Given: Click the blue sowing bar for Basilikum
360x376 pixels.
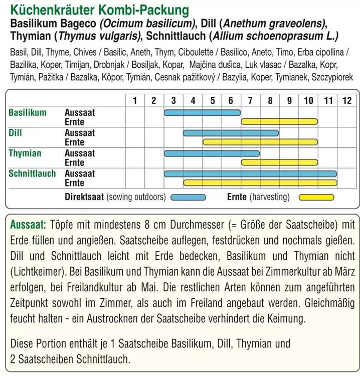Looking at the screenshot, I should (202, 112).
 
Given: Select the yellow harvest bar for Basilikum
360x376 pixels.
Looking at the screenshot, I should (279, 122).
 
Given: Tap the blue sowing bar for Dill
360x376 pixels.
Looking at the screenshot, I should (231, 133).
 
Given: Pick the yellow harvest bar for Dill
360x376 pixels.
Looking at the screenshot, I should (260, 142).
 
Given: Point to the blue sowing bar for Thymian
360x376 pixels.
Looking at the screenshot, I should (212, 153).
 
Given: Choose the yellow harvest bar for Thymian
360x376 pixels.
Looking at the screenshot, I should (279, 162).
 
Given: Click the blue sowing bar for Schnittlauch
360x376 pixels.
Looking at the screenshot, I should (250, 173).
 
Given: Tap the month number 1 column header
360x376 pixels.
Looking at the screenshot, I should (135, 100).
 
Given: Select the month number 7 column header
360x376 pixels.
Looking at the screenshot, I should (250, 100).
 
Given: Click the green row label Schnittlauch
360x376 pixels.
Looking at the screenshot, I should (32, 173).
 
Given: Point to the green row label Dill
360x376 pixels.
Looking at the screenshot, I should (16, 133).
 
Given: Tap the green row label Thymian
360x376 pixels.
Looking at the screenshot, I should (25, 153).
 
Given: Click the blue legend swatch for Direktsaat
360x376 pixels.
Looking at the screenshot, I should (188, 197).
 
